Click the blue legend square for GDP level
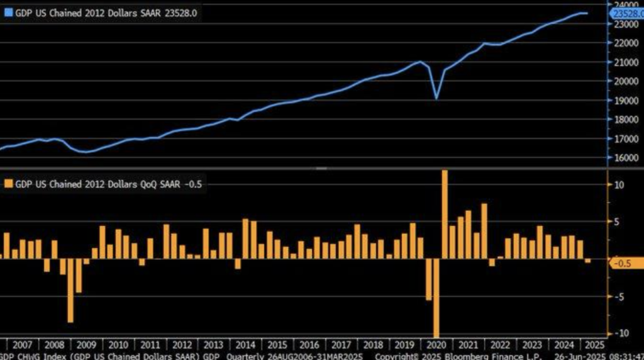8,11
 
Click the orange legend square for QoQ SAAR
8,184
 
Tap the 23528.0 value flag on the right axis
626,13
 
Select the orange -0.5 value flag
625,263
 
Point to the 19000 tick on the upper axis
623,100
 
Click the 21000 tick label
623,62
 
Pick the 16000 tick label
623,157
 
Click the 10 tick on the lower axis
619,184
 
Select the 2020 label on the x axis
436,345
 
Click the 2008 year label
55,345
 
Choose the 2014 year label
245,345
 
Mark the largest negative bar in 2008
70,290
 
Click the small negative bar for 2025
588,261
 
